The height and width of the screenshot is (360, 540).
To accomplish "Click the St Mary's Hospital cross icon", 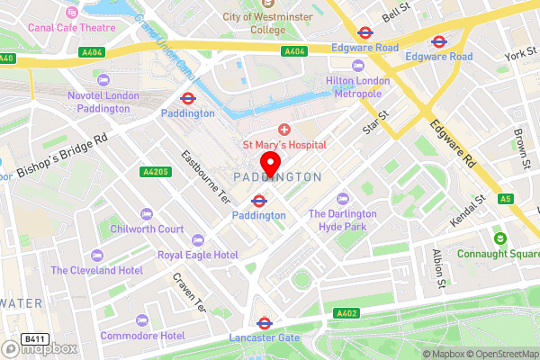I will tap(284, 130).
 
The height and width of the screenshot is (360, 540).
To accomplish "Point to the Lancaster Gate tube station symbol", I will tap(264, 322).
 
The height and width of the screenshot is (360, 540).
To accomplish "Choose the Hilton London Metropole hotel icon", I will tap(358, 66).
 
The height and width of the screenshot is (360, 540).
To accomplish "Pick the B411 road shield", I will tap(34, 338).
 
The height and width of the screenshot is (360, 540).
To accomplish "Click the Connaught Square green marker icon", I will tap(499, 238).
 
